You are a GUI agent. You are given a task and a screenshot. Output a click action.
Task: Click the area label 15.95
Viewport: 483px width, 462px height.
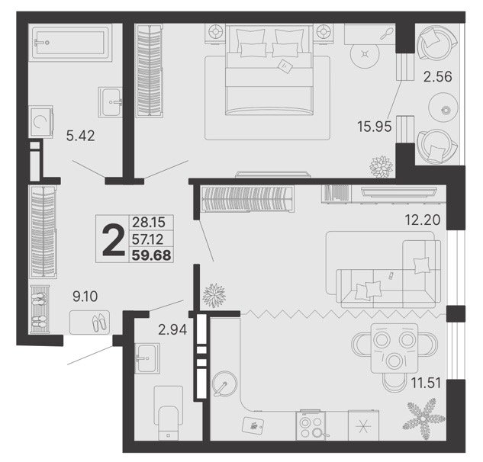pos(374,127)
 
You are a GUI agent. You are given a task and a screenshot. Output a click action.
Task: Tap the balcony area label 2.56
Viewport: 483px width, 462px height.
pos(438,76)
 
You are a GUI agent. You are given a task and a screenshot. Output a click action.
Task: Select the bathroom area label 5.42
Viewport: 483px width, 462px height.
pos(80,136)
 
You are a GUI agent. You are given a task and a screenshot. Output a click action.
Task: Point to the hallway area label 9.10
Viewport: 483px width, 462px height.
pos(85,297)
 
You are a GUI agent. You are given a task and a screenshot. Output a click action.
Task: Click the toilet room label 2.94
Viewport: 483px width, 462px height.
pos(172,329)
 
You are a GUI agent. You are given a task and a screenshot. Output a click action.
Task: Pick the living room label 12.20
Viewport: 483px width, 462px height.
pos(422,220)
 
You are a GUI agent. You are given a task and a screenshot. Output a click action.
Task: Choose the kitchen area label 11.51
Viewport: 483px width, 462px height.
pos(426,383)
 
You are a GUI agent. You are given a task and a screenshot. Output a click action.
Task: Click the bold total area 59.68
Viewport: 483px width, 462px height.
pos(152,255)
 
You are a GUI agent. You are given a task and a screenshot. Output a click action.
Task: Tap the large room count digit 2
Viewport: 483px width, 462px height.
pos(113,240)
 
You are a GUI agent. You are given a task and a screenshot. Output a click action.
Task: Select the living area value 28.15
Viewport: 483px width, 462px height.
pos(149,222)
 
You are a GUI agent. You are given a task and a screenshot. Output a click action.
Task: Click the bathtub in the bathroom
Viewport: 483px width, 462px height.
pos(70,43)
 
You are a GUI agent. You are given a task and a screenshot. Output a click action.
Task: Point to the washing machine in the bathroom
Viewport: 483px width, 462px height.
pos(40,122)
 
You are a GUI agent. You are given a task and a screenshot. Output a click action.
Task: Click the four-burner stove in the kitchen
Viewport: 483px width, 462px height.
pos(311,425)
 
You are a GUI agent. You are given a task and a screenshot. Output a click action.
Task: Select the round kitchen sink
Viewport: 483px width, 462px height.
pos(224,383)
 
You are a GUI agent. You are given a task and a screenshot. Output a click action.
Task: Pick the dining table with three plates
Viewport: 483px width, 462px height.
pos(394,348)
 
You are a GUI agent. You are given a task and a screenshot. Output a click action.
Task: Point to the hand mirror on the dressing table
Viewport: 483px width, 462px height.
pos(387,34)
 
